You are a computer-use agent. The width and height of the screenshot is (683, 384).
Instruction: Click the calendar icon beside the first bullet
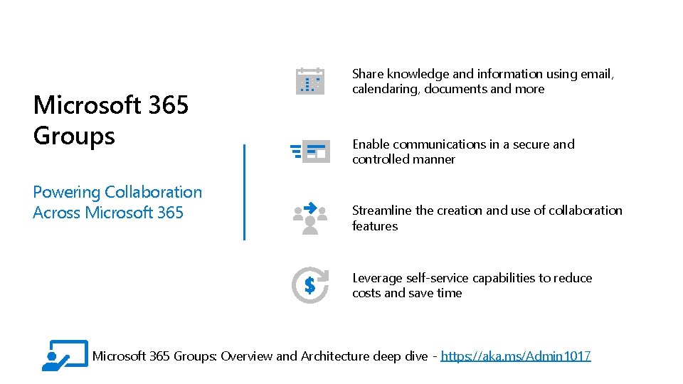[x=310, y=81]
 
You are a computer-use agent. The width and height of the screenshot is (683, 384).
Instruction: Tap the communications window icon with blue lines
[x=309, y=151]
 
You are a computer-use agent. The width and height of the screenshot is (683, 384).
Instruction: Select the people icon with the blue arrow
[x=310, y=218]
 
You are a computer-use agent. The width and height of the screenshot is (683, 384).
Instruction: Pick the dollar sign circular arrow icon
[x=310, y=285]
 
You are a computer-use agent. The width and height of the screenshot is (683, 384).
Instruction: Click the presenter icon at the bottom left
[x=65, y=356]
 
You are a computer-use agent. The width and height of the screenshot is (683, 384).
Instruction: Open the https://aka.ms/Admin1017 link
[x=516, y=356]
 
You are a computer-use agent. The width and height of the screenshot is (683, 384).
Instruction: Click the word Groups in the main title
[x=74, y=135]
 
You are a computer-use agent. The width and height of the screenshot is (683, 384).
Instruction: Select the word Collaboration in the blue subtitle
[x=154, y=192]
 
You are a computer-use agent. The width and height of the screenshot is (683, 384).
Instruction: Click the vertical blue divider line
[x=244, y=192]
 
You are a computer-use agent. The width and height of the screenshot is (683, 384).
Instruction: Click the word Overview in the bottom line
[x=247, y=356]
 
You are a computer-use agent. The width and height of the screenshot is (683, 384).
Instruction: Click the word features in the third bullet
[x=375, y=226]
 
